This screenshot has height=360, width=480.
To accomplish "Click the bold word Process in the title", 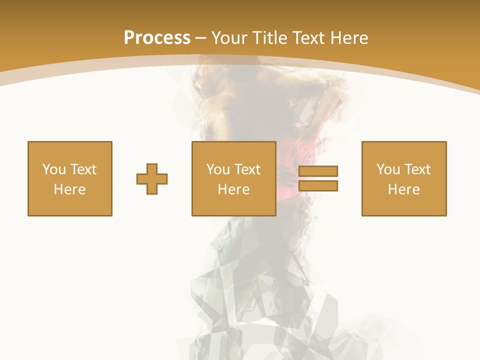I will coord(157,37).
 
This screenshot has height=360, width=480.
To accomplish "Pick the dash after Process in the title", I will coord(201,38).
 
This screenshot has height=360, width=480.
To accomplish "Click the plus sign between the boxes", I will coord(152,178).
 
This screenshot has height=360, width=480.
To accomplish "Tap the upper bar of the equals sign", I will coord(318,171).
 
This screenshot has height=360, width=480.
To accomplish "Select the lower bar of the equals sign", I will coord(318,185).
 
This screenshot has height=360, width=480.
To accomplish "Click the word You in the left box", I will coord(54,169).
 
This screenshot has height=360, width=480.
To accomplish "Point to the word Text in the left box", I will coord(82,169).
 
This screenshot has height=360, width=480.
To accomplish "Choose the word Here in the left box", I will coord(70,189).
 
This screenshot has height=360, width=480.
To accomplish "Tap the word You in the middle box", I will coord(218,169).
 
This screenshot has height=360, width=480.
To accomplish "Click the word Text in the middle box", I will coord(247,169).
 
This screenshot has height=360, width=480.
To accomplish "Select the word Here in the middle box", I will coord(234,189).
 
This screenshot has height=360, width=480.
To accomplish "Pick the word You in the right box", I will coord(388,169).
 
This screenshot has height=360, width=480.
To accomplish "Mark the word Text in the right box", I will coord(417,169).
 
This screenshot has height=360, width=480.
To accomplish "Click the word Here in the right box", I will coord(404,189).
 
